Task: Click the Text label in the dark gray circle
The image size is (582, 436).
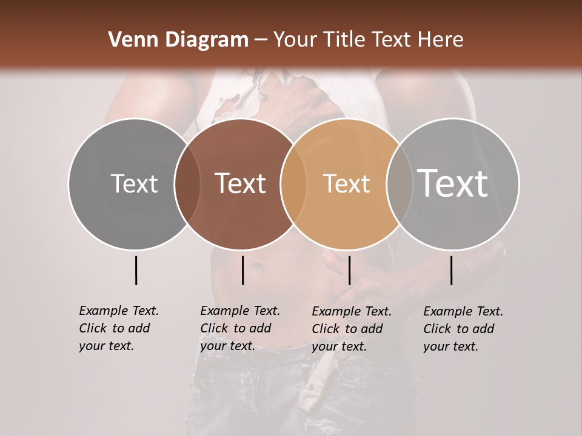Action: [134, 183]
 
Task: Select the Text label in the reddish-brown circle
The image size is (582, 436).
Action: [240, 183]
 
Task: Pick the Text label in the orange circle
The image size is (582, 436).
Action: [346, 183]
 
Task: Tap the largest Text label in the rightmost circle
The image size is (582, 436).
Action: [453, 183]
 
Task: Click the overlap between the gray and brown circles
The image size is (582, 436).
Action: [187, 183]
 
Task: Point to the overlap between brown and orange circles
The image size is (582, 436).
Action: [293, 183]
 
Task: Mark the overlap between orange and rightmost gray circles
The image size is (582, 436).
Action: [400, 183]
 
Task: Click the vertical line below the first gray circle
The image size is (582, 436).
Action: [136, 270]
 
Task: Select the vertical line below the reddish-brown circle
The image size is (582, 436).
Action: [242, 270]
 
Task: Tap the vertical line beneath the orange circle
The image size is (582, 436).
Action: [349, 270]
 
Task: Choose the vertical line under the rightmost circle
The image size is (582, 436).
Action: [452, 270]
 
